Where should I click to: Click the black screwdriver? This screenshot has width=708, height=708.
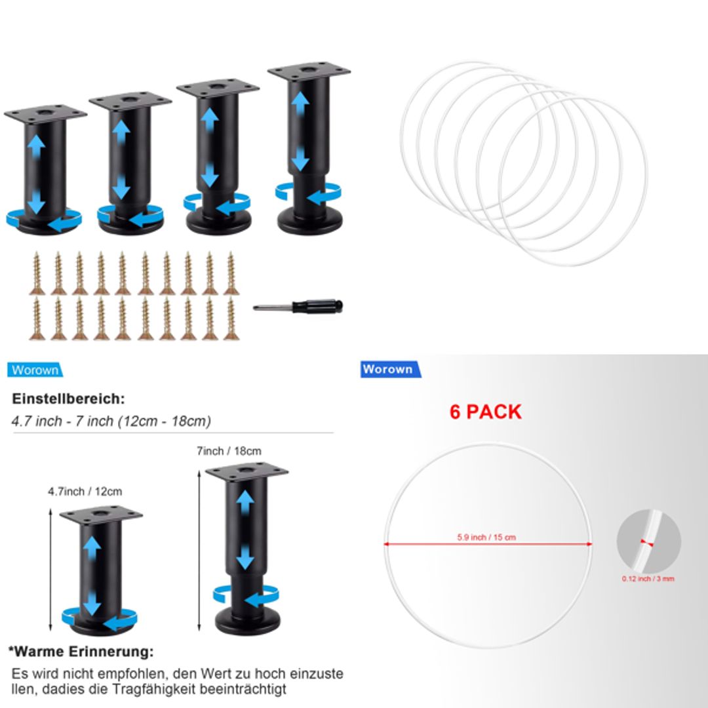(x=299, y=307)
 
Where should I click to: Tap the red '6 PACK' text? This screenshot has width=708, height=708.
(x=485, y=412)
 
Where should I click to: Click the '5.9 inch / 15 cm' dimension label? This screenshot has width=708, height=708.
(x=486, y=538)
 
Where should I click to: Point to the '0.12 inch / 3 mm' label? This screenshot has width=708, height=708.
(x=648, y=579)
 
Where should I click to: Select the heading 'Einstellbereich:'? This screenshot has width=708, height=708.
(x=68, y=399)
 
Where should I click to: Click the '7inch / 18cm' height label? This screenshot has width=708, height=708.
(x=229, y=451)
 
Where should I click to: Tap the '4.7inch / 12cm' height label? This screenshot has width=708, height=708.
(x=85, y=491)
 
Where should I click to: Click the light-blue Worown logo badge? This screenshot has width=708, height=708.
(x=35, y=370)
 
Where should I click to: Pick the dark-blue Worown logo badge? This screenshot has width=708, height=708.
(x=389, y=369)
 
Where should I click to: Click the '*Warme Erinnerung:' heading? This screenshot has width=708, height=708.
(x=81, y=652)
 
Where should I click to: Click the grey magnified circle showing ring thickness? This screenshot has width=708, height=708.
(x=648, y=541)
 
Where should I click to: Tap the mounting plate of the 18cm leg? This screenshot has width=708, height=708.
(x=246, y=473)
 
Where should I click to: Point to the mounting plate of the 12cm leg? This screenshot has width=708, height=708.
(x=101, y=515)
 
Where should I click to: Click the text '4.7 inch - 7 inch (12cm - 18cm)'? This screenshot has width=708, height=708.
(x=111, y=421)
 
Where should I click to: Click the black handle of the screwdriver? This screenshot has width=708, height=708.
(x=317, y=306)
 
